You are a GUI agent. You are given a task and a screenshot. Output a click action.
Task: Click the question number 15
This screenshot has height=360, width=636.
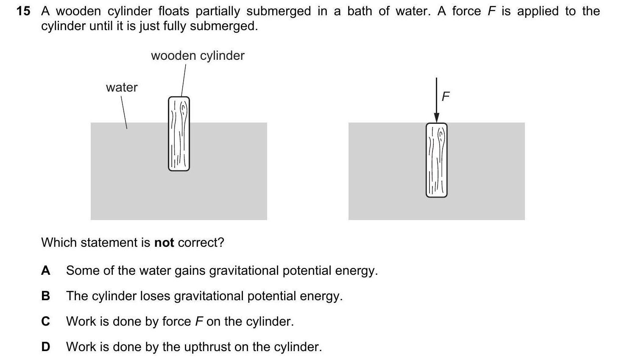point(23,11)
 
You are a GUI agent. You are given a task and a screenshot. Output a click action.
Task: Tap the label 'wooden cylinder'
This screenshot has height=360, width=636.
point(198,56)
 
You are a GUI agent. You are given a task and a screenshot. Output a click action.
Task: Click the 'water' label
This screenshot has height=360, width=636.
point(122,87)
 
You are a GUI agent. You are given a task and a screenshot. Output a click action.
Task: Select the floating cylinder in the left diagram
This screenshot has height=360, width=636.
point(179,134)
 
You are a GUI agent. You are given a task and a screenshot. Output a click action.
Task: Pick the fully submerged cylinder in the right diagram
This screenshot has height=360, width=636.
point(437,160)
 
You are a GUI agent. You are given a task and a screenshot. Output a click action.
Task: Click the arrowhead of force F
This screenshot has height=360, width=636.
point(437,117)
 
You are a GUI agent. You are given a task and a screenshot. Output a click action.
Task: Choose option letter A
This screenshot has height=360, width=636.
point(46,271)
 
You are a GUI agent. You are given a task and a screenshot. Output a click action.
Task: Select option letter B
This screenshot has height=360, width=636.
point(46,296)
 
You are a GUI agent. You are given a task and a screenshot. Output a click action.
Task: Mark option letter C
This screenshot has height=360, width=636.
point(46,321)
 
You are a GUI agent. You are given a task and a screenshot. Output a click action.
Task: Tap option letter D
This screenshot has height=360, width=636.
point(46,347)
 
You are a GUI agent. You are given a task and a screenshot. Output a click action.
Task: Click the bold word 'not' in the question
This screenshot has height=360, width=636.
point(164,243)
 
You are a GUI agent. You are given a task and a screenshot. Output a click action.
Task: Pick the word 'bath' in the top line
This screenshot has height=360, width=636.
point(360,11)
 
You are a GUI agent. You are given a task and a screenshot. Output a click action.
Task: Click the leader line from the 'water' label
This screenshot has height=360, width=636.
point(124,112)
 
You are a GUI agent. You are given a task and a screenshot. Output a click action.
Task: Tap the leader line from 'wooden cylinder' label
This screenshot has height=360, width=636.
point(184,80)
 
